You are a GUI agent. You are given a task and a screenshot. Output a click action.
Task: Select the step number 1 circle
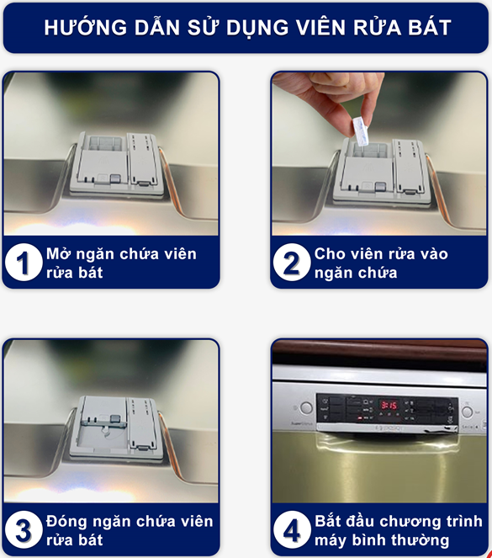click(24, 263)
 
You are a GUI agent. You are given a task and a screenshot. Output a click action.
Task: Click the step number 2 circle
click(292, 263)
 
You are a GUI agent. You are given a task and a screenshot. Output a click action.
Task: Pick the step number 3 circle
click(24, 530)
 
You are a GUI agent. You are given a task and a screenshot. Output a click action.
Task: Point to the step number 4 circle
click(292, 530)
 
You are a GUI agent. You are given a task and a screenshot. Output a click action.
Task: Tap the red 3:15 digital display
click(389, 405)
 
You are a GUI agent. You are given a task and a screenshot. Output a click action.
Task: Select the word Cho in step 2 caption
click(326, 253)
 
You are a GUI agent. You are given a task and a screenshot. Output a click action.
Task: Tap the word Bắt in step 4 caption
click(328, 521)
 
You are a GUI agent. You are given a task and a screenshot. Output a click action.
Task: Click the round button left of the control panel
click(306, 408)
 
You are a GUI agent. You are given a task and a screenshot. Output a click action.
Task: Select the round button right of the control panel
click(467, 412)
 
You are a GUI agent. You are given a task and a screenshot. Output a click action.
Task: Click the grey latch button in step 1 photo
click(115, 178)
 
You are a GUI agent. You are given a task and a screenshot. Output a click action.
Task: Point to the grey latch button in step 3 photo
click(115, 420)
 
